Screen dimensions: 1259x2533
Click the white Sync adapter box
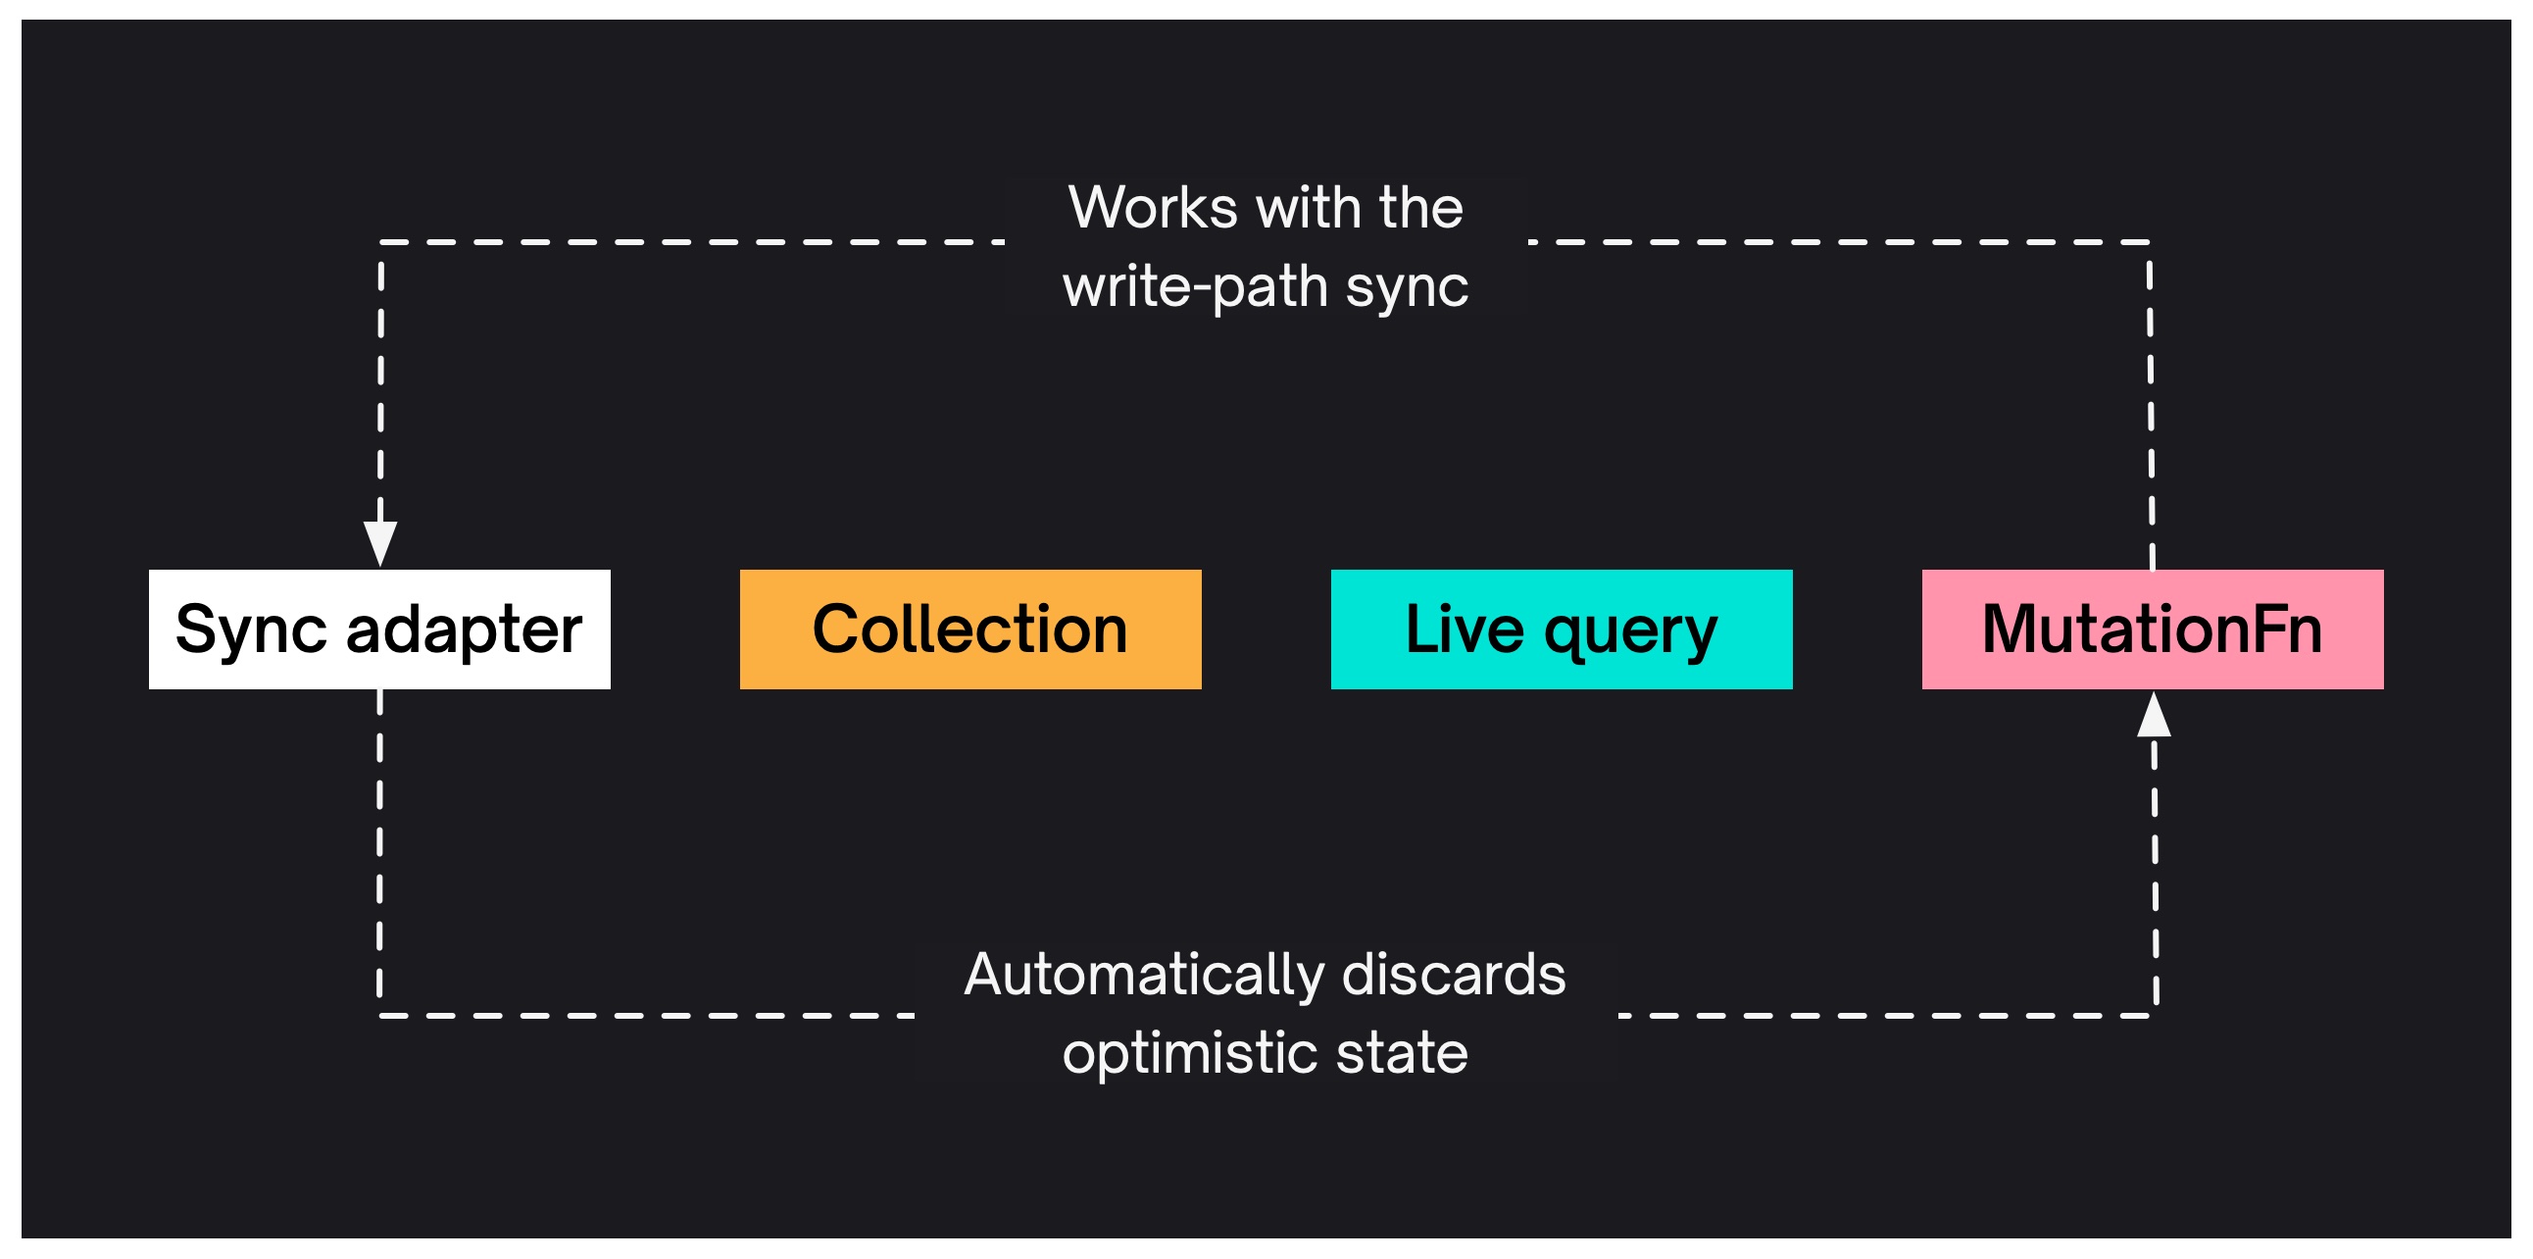379,629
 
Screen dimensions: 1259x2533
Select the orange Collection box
970,629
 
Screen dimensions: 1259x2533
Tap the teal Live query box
1562,629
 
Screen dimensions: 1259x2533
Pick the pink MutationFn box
2153,629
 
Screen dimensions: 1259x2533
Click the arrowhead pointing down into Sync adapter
380,543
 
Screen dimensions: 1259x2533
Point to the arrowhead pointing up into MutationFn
2154,715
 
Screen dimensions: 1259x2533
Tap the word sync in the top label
1407,287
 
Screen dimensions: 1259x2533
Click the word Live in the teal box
1465,629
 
